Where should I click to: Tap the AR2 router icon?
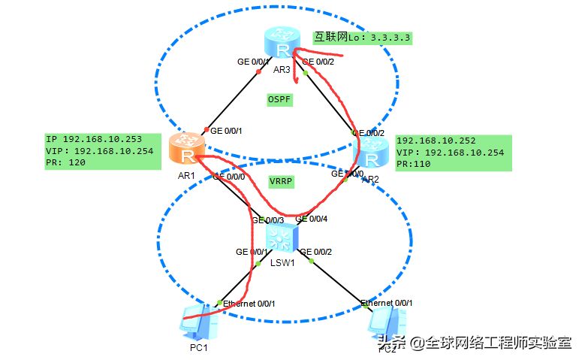point(370,156)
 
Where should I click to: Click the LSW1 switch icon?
point(282,240)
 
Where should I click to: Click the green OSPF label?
point(279,99)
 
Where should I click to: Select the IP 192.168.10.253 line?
point(92,140)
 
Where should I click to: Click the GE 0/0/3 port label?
point(267,220)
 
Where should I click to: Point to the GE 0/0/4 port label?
point(312,219)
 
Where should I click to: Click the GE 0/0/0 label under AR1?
point(230,177)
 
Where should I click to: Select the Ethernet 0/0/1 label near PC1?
point(250,303)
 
